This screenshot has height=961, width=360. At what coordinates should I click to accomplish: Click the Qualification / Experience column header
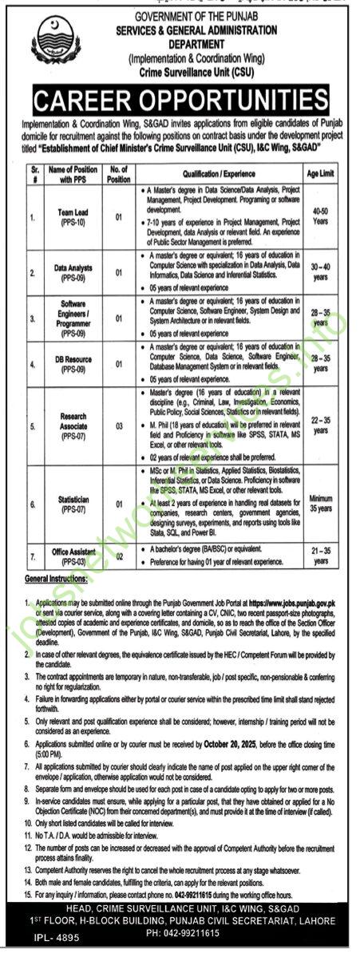[220, 170]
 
